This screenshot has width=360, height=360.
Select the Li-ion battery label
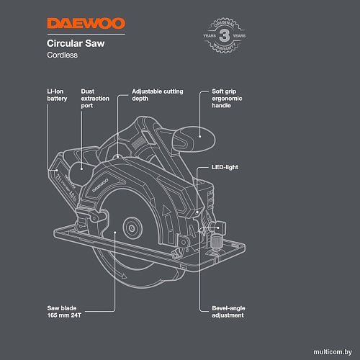click(x=57, y=96)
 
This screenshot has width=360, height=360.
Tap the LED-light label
click(x=225, y=167)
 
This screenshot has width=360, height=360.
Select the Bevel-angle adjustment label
click(x=225, y=312)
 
